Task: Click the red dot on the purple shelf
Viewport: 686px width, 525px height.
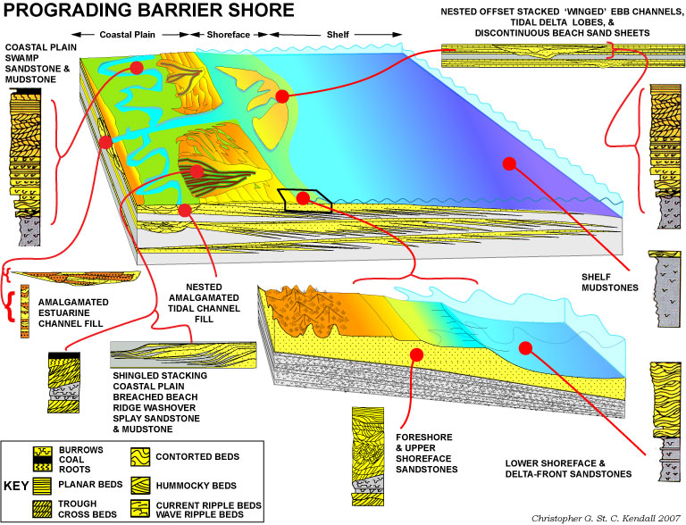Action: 509,162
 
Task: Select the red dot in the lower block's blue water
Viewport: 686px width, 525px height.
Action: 525,348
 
